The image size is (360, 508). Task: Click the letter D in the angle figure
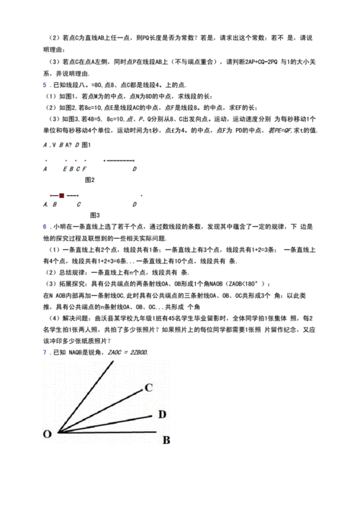pos(162,414)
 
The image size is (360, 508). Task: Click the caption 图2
pos(90,179)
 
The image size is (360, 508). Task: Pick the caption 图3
pos(94,215)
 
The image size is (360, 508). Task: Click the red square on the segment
pos(62,195)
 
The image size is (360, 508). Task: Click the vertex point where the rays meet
pos(57,432)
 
